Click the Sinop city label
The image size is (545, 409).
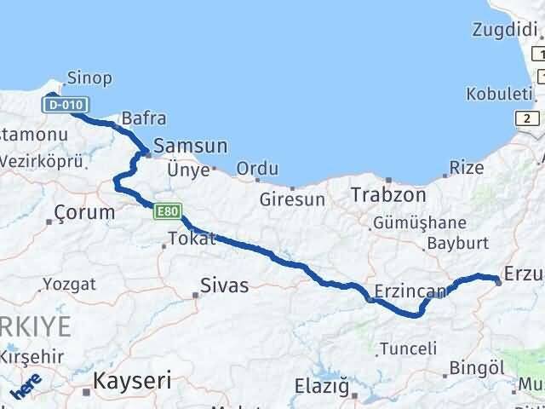pyautogui.click(x=89, y=79)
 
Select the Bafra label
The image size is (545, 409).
pyautogui.click(x=144, y=118)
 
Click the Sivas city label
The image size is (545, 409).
pyautogui.click(x=224, y=285)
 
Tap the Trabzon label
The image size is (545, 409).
pyautogui.click(x=387, y=195)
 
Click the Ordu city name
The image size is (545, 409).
pyautogui.click(x=257, y=169)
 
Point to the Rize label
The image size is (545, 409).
pyautogui.click(x=466, y=168)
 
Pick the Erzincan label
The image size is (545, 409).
pyautogui.click(x=410, y=292)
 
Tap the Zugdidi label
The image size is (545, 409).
pyautogui.click(x=502, y=31)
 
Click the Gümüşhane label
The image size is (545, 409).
pyautogui.click(x=419, y=223)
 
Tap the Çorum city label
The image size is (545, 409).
pyautogui.click(x=83, y=212)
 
